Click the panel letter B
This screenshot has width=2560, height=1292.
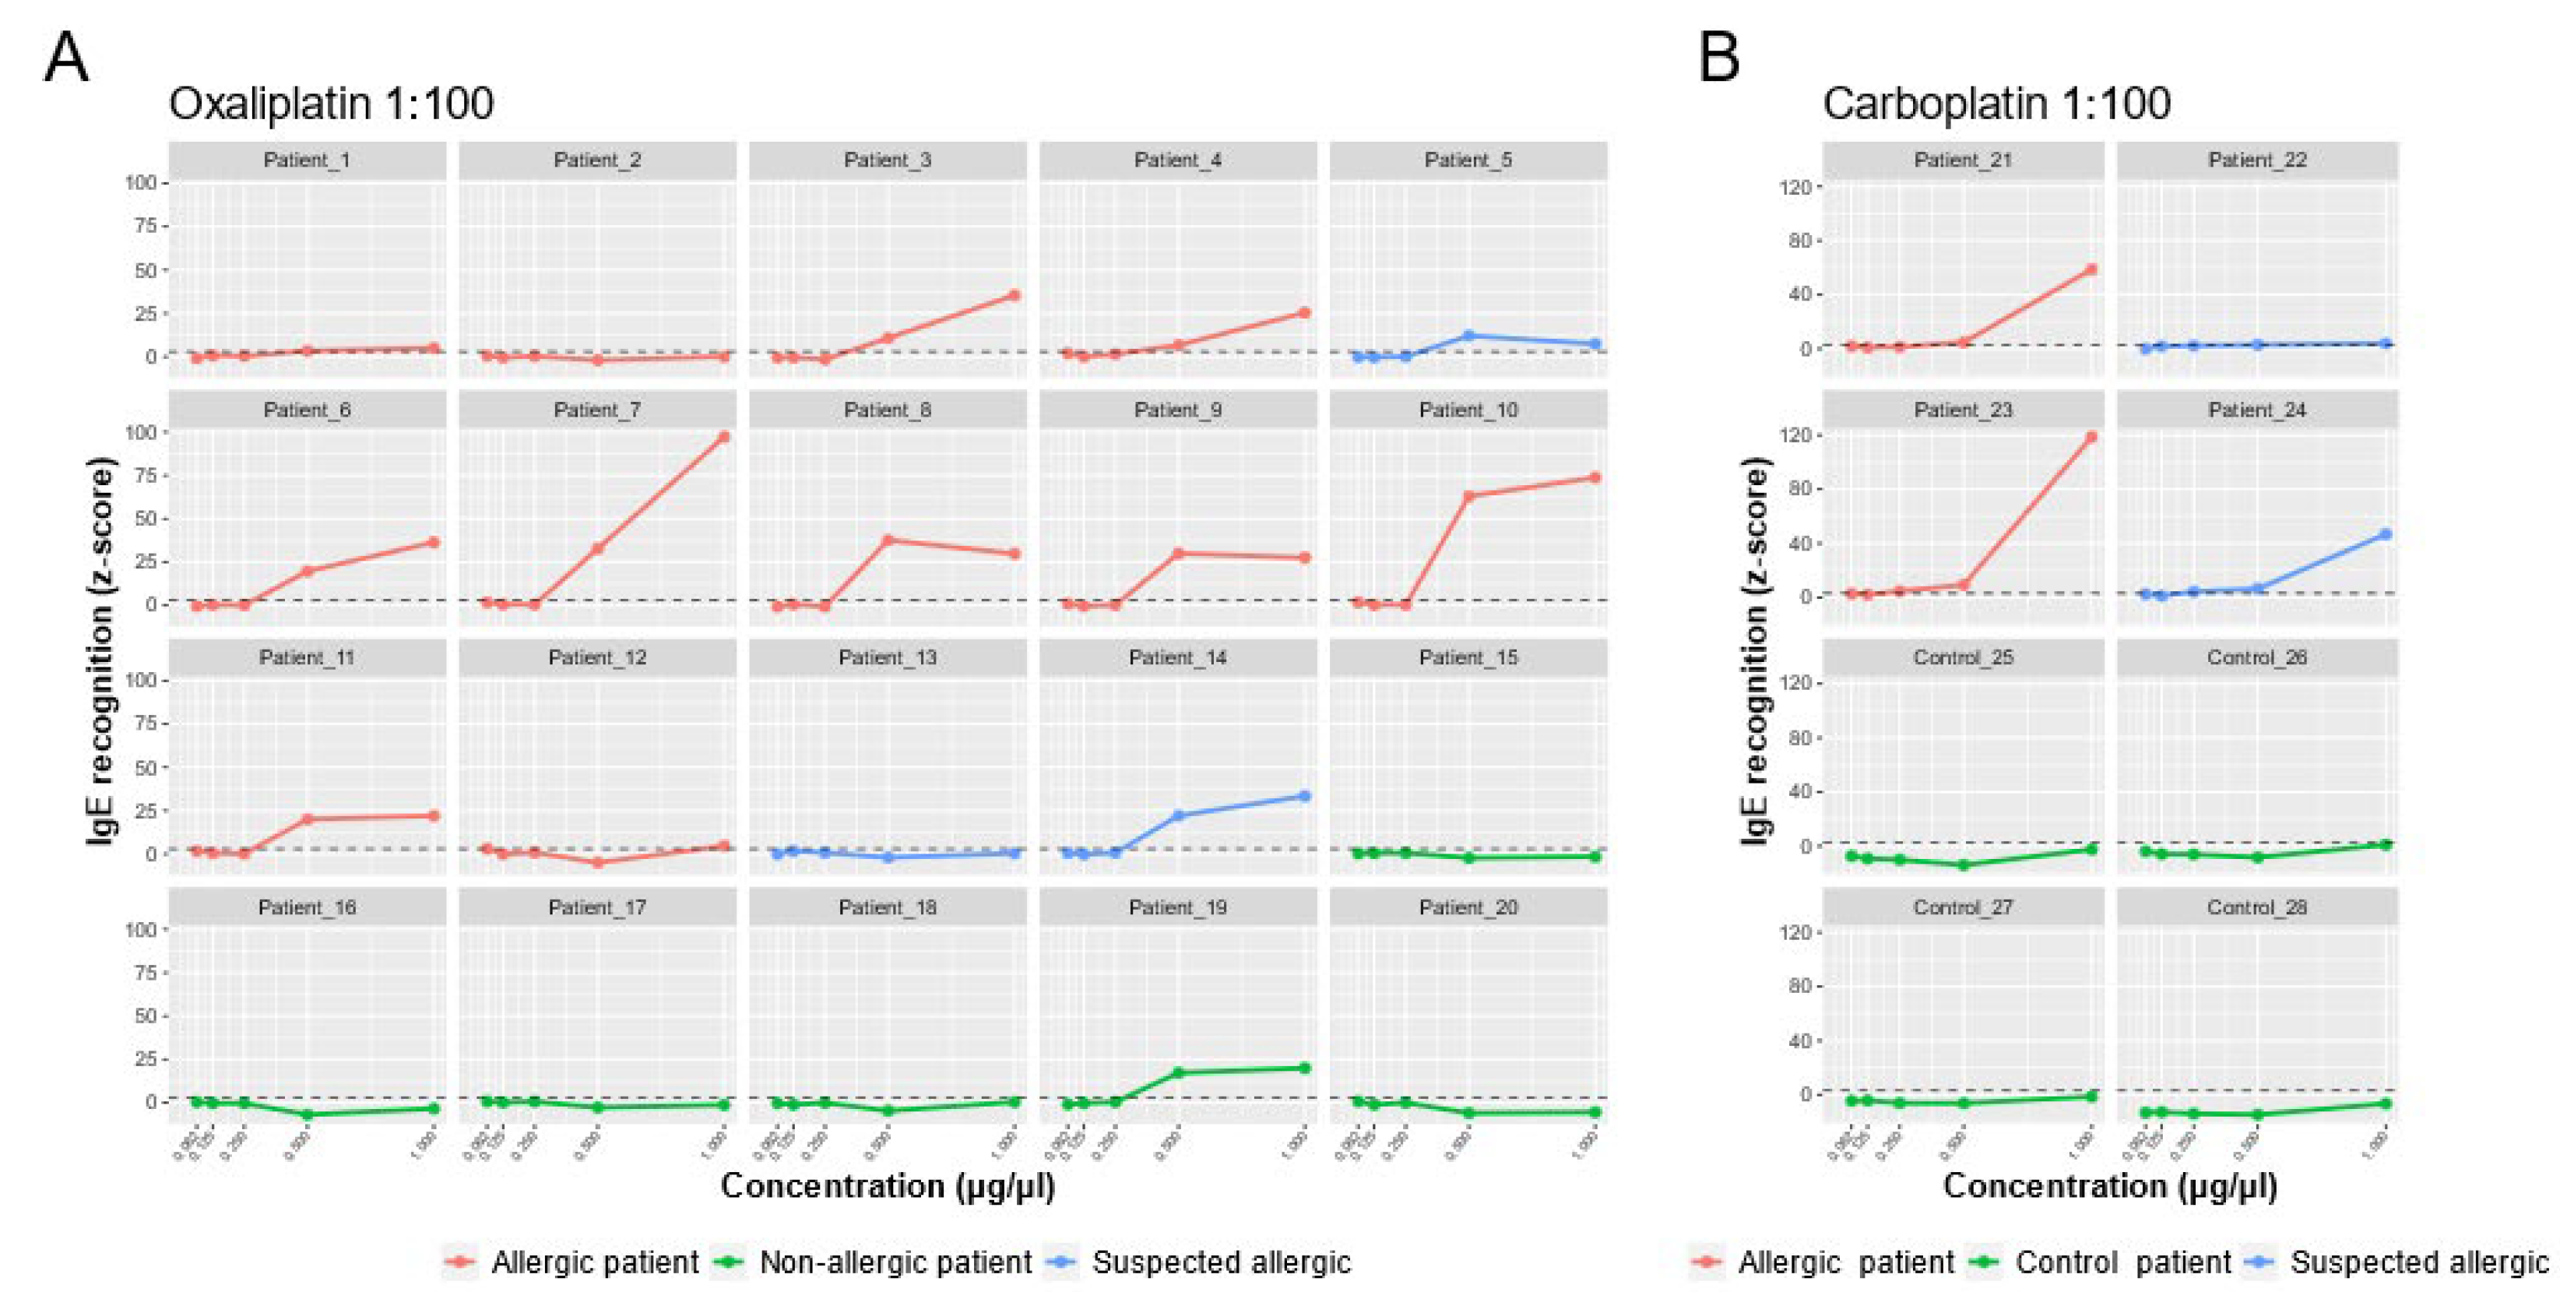(x=1719, y=58)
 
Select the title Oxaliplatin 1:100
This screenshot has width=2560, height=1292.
(x=331, y=104)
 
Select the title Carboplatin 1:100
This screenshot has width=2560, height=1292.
(x=1996, y=104)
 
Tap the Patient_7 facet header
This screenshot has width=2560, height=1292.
(x=597, y=410)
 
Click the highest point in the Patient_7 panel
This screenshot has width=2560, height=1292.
(x=723, y=436)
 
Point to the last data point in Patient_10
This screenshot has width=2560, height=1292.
(x=1595, y=477)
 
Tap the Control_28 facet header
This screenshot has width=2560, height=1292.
(x=2257, y=907)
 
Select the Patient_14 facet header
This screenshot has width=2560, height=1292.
(x=1178, y=657)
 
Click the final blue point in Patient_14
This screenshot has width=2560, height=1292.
(x=1304, y=796)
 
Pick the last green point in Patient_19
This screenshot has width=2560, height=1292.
(x=1304, y=1068)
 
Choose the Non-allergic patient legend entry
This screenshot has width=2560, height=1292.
(x=895, y=1262)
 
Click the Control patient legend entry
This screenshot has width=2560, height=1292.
(x=2122, y=1262)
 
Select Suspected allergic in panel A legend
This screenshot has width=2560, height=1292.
(x=1220, y=1262)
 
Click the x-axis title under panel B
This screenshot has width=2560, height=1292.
(x=2110, y=1185)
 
